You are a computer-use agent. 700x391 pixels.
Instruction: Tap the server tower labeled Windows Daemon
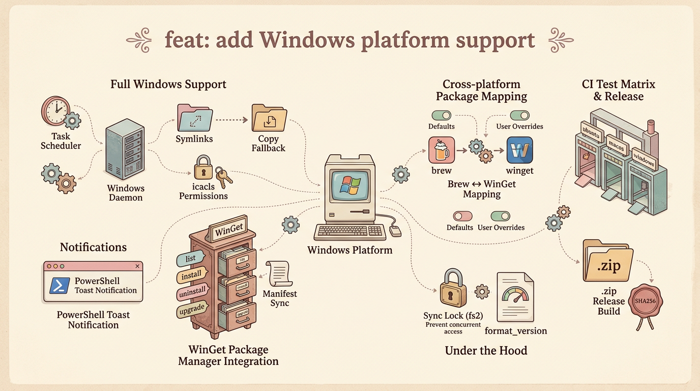pos(123,151)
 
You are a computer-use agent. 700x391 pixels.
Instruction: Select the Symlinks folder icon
pos(194,118)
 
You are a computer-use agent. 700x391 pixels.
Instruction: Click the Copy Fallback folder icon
pos(269,119)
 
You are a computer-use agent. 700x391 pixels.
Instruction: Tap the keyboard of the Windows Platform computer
pos(349,232)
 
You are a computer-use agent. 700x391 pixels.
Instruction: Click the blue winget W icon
pos(519,150)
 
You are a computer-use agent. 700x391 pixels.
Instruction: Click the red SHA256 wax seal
pos(646,302)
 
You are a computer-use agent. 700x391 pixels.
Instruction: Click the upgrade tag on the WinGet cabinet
pos(191,309)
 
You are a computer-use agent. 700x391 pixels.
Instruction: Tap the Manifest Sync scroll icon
pos(278,274)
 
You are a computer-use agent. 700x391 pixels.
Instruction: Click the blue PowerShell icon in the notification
pos(60,285)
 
